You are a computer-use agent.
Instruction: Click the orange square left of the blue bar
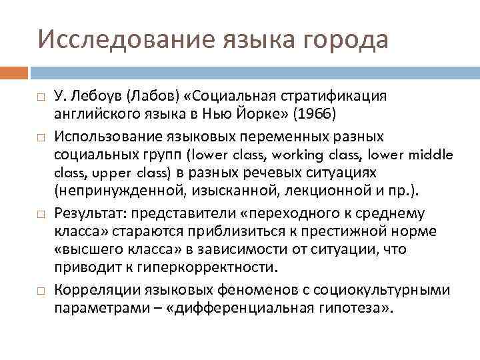14,71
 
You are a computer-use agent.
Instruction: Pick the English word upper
99,173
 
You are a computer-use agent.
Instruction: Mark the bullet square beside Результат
40,213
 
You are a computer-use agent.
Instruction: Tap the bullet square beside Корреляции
40,291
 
